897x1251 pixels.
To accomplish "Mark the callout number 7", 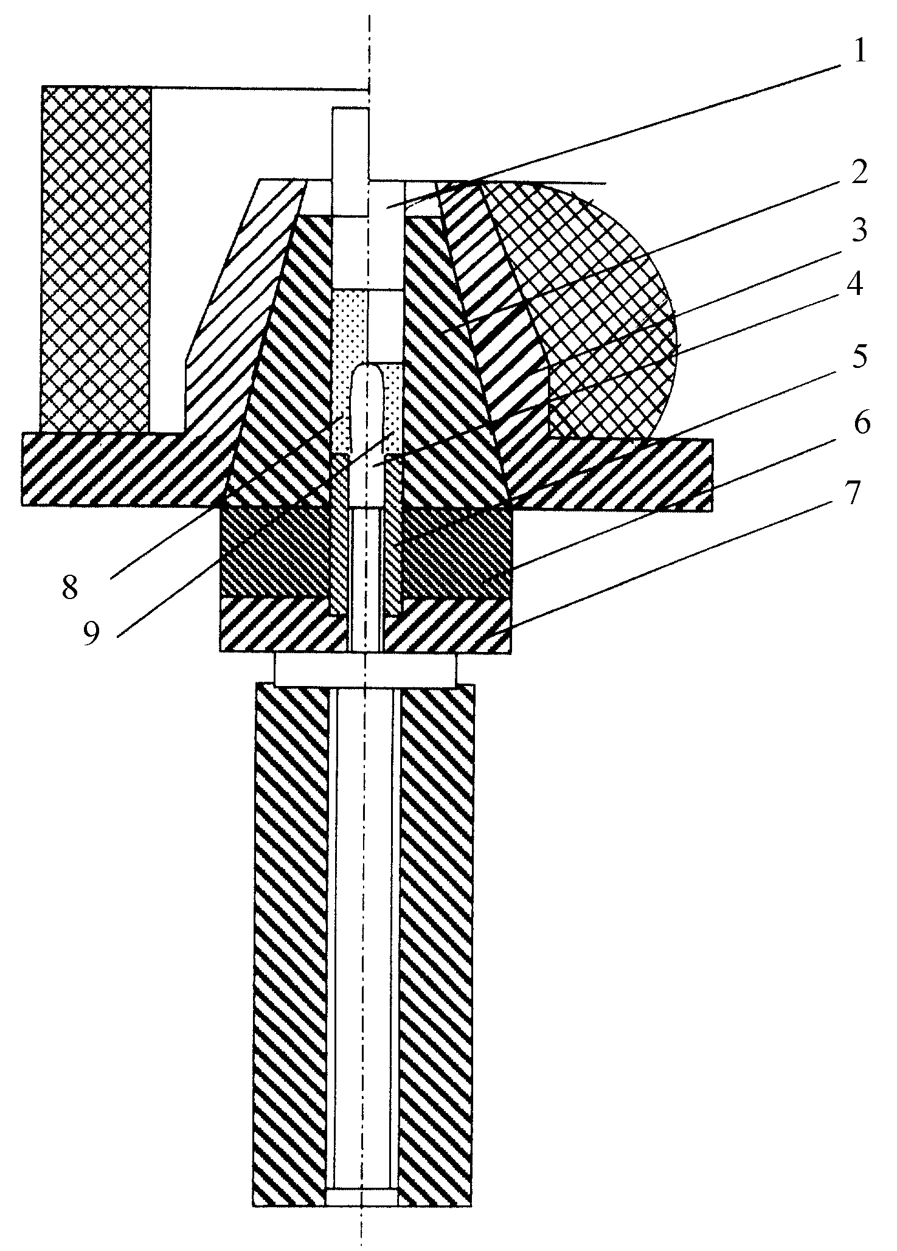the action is pos(853,494).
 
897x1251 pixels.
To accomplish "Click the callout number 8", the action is pos(71,587).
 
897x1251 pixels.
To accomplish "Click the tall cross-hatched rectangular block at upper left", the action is pos(95,259).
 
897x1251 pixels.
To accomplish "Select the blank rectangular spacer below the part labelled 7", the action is pos(365,669).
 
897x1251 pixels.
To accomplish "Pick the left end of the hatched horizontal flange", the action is pos(23,469).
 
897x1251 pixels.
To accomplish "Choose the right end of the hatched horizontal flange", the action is pos(712,475).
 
